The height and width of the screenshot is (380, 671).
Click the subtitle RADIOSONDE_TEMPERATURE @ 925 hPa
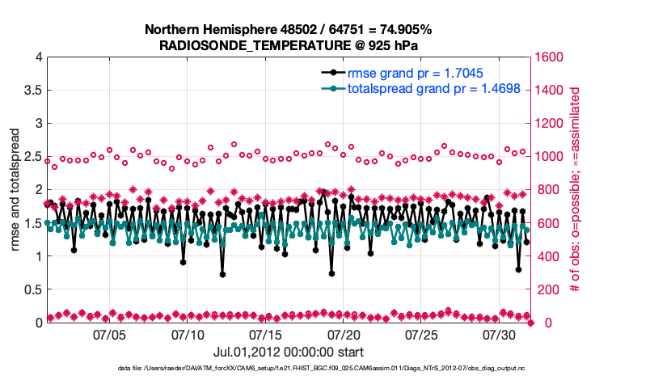point(289,45)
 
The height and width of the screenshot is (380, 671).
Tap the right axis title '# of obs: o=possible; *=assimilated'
point(576,190)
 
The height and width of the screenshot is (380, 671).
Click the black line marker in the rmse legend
point(330,73)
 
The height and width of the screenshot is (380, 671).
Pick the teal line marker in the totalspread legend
point(330,89)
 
